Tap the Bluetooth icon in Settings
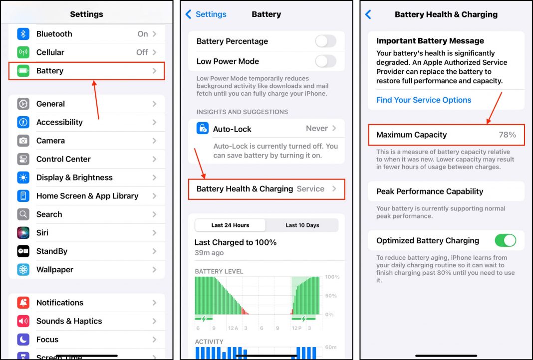click(23, 34)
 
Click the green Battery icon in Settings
click(23, 71)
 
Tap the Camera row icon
click(23, 141)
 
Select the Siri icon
click(23, 233)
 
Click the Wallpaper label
click(55, 270)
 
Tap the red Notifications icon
click(23, 303)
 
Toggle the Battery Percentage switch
click(325, 41)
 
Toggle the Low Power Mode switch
click(325, 61)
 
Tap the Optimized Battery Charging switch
click(505, 240)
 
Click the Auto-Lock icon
click(203, 129)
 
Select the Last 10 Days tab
click(302, 225)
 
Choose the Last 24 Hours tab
click(230, 225)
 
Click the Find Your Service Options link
click(424, 100)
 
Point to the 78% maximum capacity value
click(507, 135)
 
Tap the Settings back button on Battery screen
click(206, 14)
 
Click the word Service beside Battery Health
click(310, 189)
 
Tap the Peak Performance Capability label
click(430, 191)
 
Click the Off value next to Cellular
click(142, 52)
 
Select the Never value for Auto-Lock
click(317, 129)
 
